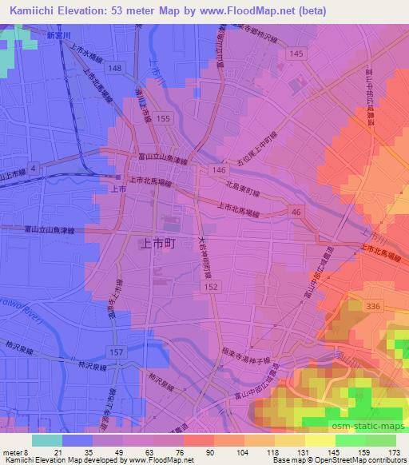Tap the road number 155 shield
[164, 117]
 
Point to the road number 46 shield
[296, 211]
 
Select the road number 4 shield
[34, 166]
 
